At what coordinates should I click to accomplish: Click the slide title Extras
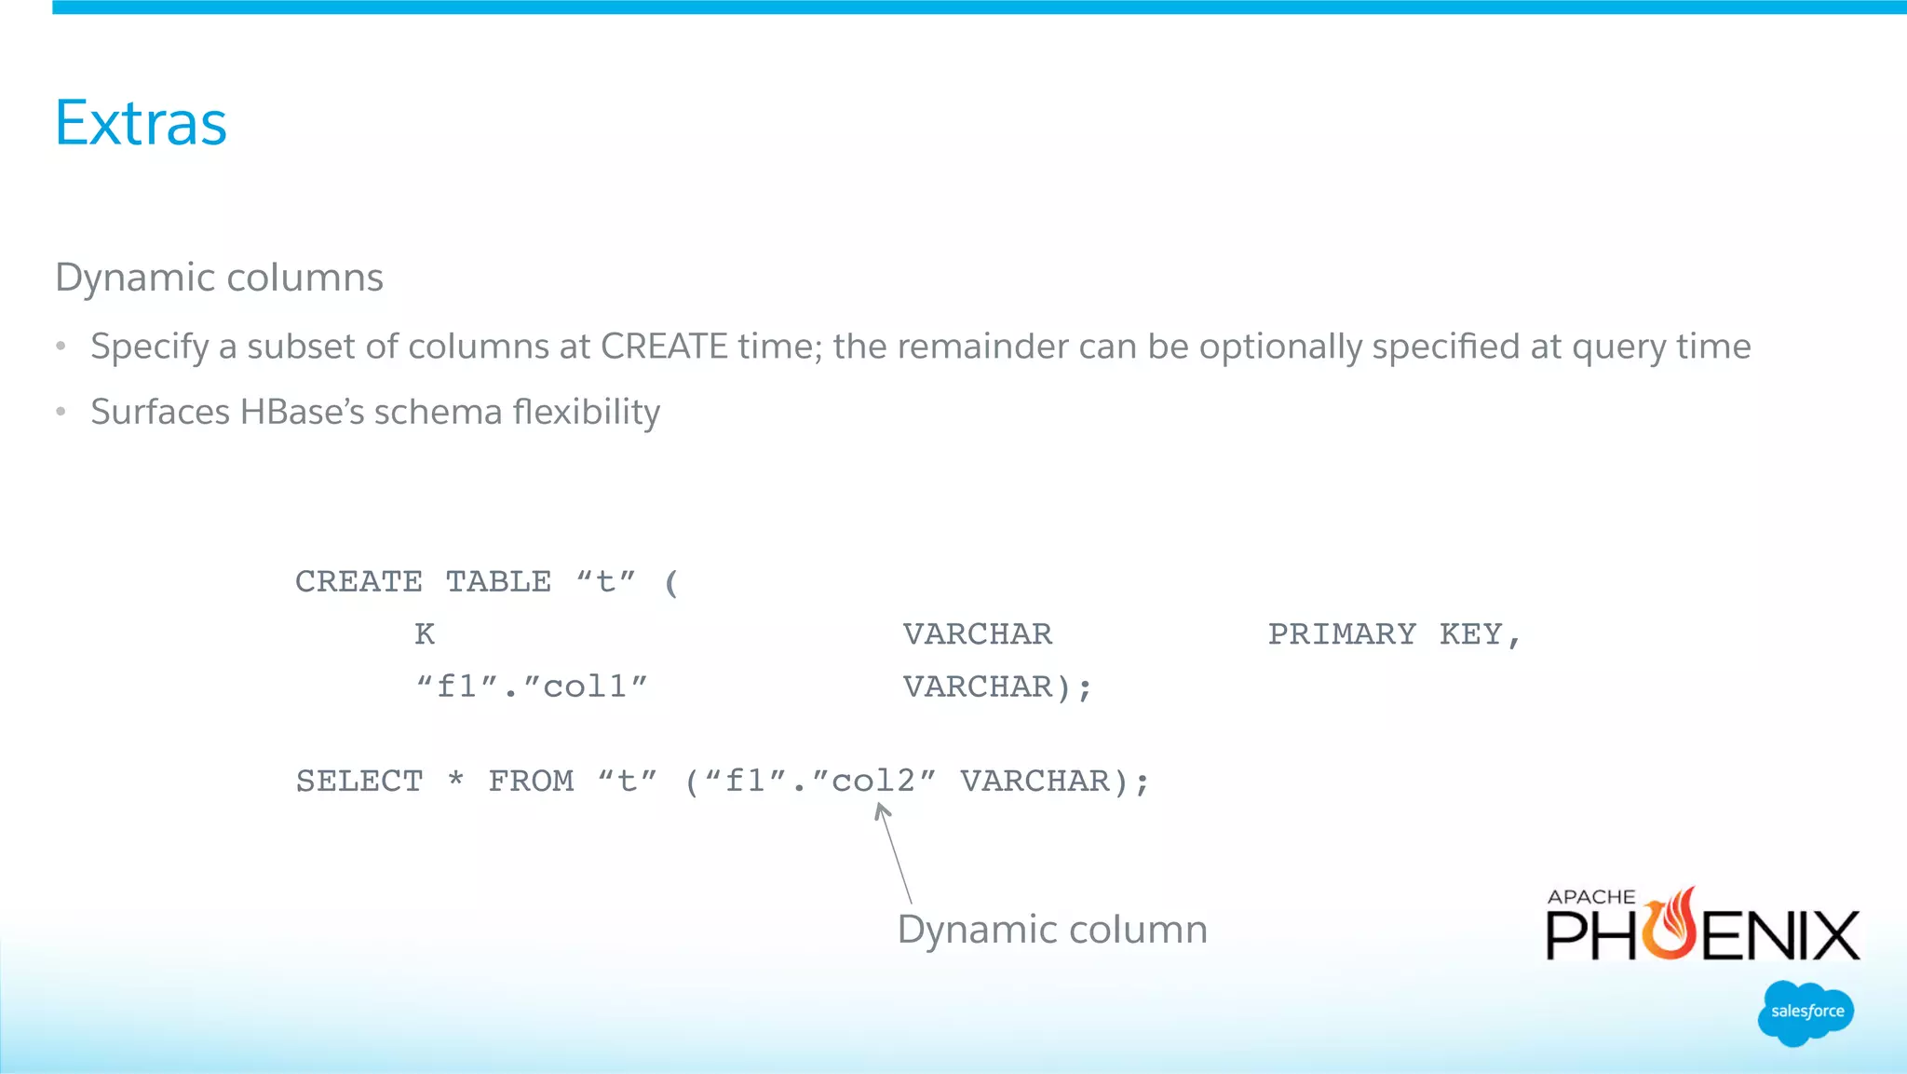(141, 123)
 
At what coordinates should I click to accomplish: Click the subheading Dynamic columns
(219, 278)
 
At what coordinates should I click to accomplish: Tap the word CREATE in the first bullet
(664, 347)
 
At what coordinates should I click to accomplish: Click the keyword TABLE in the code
(498, 582)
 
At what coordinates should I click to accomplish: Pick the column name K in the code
(425, 634)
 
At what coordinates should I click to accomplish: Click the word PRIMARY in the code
(1342, 634)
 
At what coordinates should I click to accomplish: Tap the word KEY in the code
(1471, 634)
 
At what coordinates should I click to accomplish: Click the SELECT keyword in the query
(359, 781)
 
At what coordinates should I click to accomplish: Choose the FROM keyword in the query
(531, 781)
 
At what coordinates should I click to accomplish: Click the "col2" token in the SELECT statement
(873, 781)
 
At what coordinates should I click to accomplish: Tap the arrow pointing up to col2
(895, 852)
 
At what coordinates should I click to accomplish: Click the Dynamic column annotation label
(1052, 930)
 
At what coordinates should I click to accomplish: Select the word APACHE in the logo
(1591, 897)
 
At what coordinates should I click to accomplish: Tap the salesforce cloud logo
(1806, 1013)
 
